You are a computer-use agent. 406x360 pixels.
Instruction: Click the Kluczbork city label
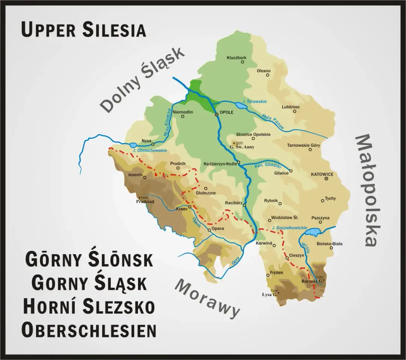pyautogui.click(x=236, y=58)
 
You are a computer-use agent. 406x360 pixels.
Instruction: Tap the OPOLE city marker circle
pyautogui.click(x=217, y=115)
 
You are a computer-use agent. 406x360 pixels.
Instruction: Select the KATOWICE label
pyautogui.click(x=322, y=175)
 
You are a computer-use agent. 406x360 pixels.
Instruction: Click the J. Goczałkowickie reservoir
pyautogui.click(x=312, y=232)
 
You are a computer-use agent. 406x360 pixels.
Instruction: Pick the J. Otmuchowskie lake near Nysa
pyautogui.click(x=133, y=145)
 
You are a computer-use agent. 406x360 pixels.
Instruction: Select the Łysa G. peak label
pyautogui.click(x=270, y=294)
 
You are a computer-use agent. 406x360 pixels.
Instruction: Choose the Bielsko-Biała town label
pyautogui.click(x=330, y=244)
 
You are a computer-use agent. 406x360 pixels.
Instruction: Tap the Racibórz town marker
pyautogui.click(x=244, y=205)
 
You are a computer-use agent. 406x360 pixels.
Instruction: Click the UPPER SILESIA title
pyautogui.click(x=83, y=30)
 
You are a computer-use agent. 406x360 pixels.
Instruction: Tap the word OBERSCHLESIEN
pyautogui.click(x=89, y=330)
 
